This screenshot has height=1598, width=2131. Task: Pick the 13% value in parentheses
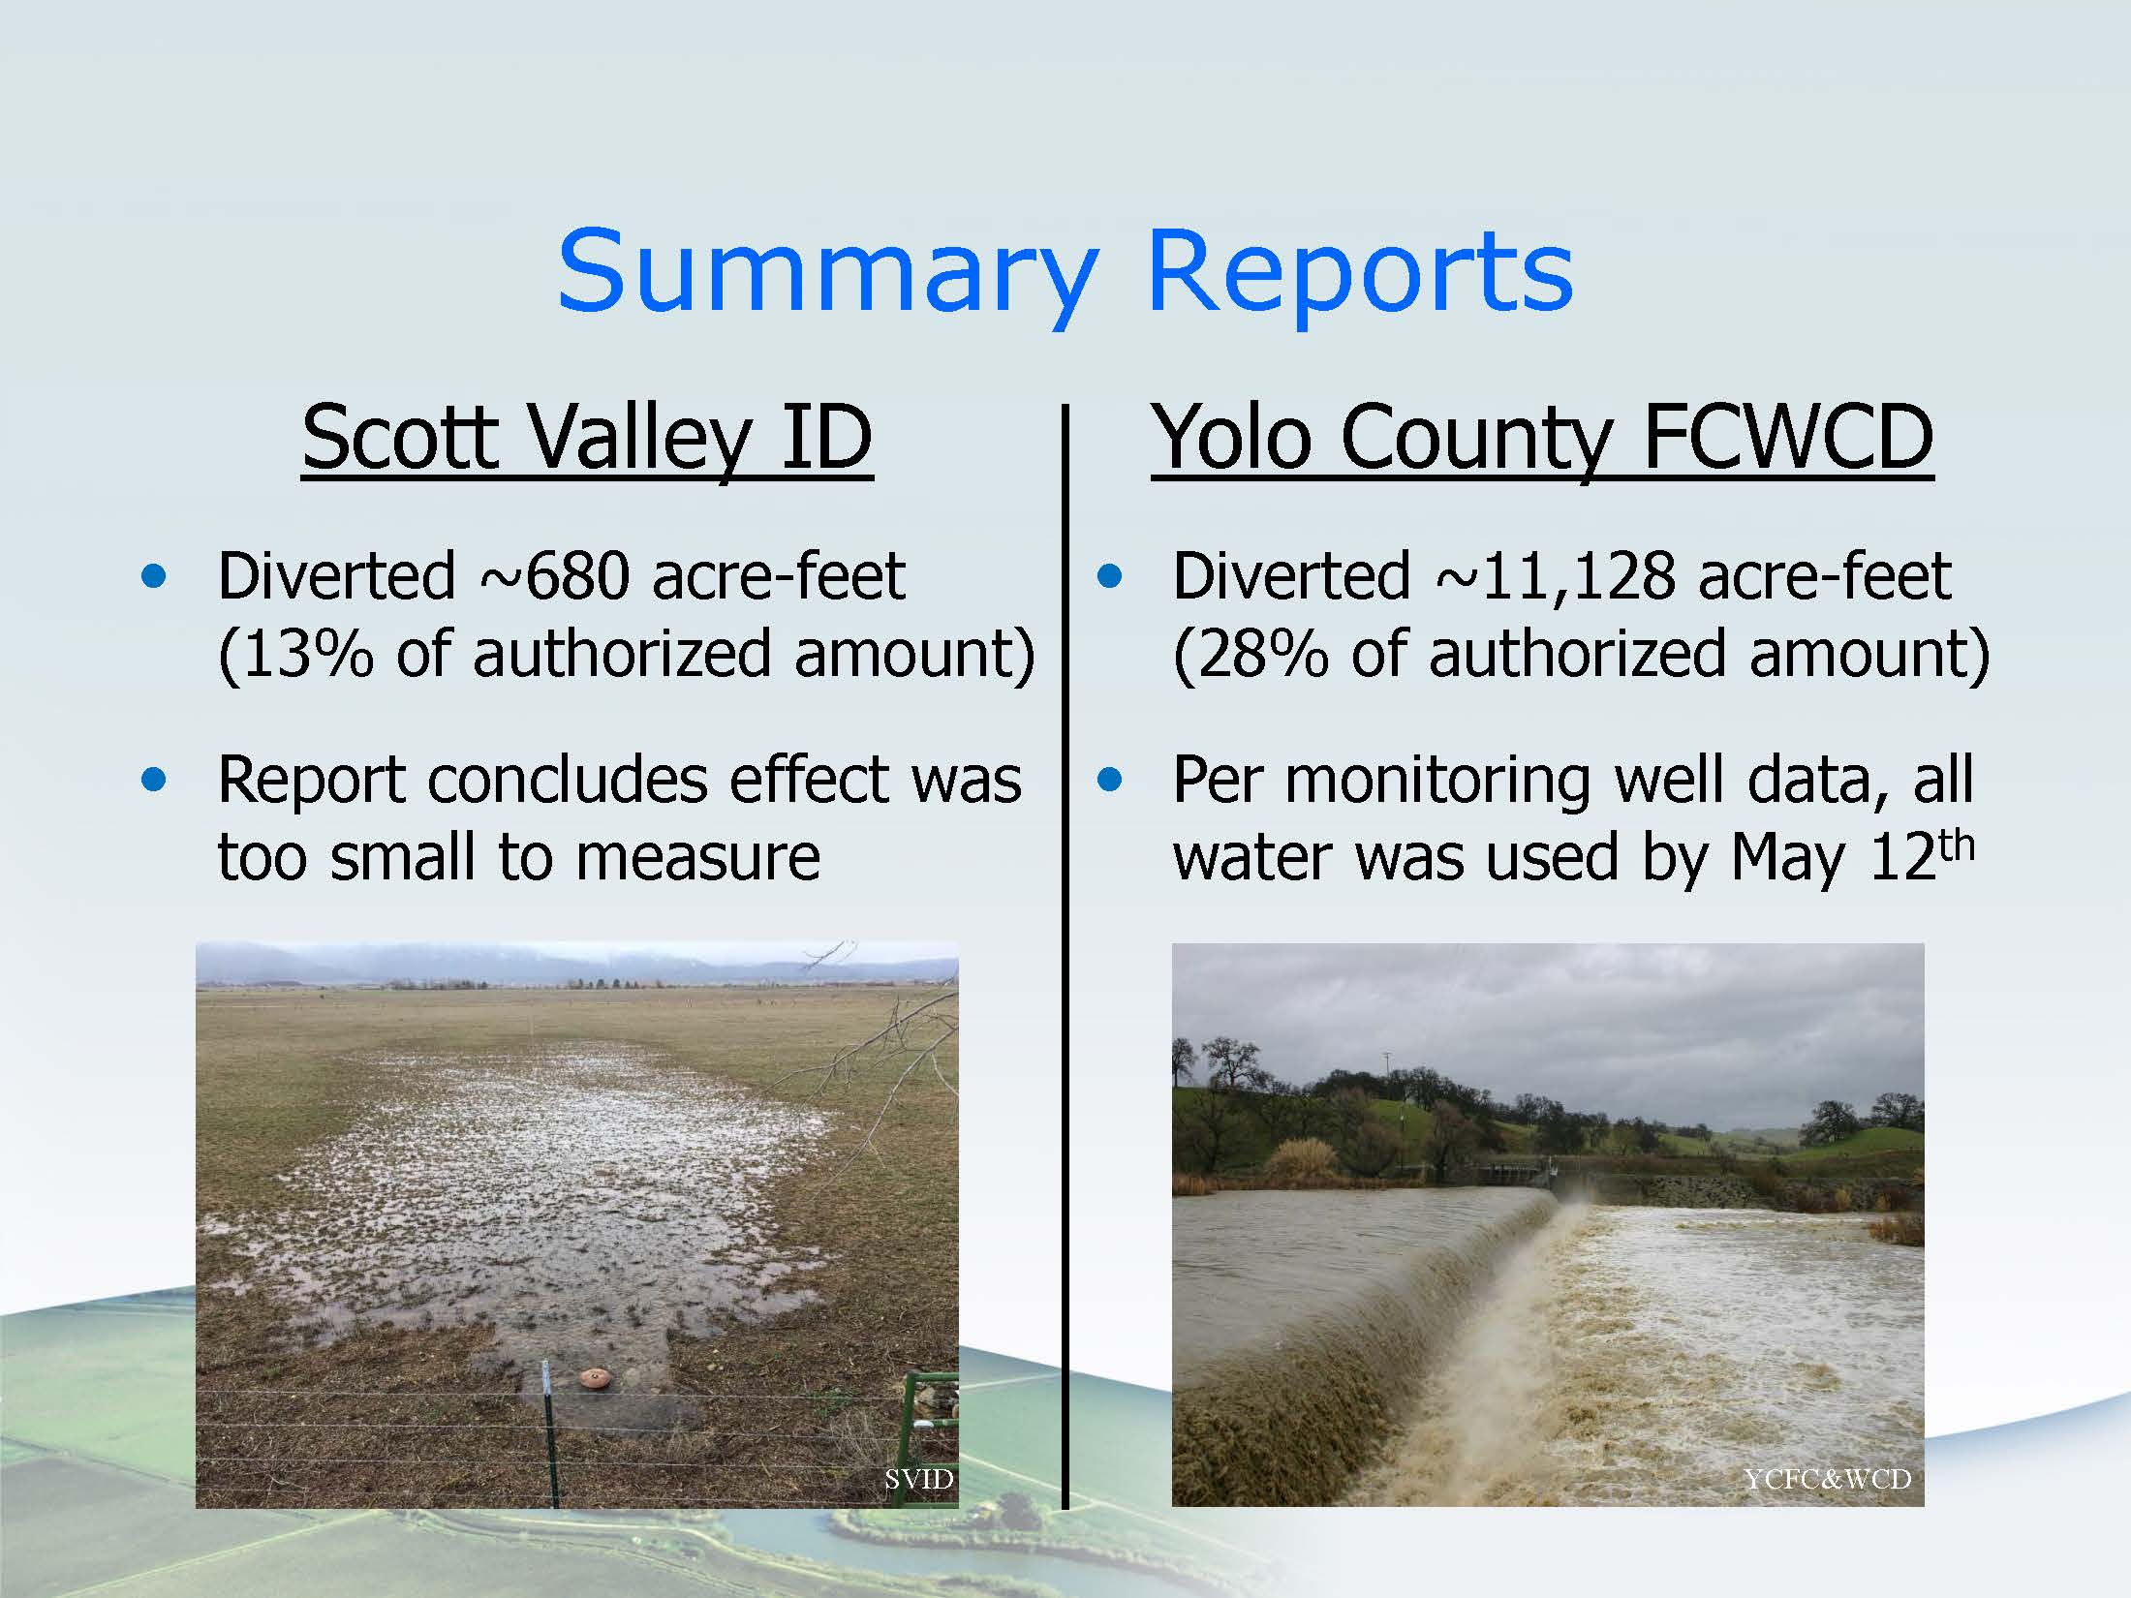305,654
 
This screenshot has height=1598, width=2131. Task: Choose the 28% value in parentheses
1260,654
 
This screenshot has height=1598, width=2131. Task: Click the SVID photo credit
918,1479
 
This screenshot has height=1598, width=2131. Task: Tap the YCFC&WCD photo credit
1827,1479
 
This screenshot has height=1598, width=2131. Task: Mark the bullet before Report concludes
153,780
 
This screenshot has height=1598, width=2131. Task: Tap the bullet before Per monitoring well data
1109,780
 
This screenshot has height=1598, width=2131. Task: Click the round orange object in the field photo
593,1377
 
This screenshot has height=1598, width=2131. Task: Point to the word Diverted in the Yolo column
1291,577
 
